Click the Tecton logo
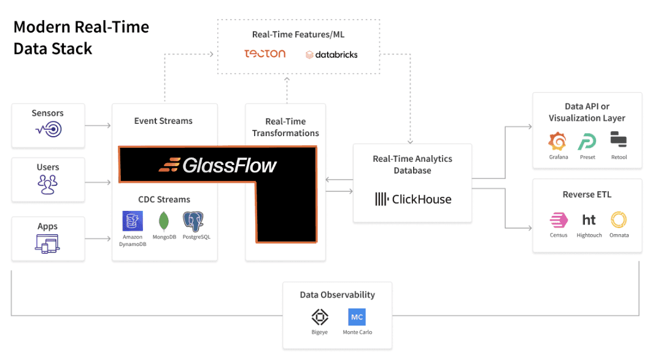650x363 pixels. point(265,53)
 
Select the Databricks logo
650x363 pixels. point(331,55)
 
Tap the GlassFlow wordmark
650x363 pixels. point(217,165)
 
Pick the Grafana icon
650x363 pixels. point(558,142)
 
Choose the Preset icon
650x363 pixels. point(587,142)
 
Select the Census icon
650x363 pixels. point(559,220)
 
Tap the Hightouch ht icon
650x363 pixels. point(589,220)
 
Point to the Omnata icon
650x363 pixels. point(619,220)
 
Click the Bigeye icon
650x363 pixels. point(319,317)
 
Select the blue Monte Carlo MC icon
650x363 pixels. point(357,317)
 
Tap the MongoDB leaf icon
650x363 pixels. point(164,221)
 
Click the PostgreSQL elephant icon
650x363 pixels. point(193,221)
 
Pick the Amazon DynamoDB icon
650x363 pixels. point(132,221)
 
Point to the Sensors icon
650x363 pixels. point(48,129)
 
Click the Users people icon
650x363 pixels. point(48,184)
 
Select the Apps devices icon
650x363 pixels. point(48,244)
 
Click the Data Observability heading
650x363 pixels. point(337,295)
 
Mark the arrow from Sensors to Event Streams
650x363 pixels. point(98,126)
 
